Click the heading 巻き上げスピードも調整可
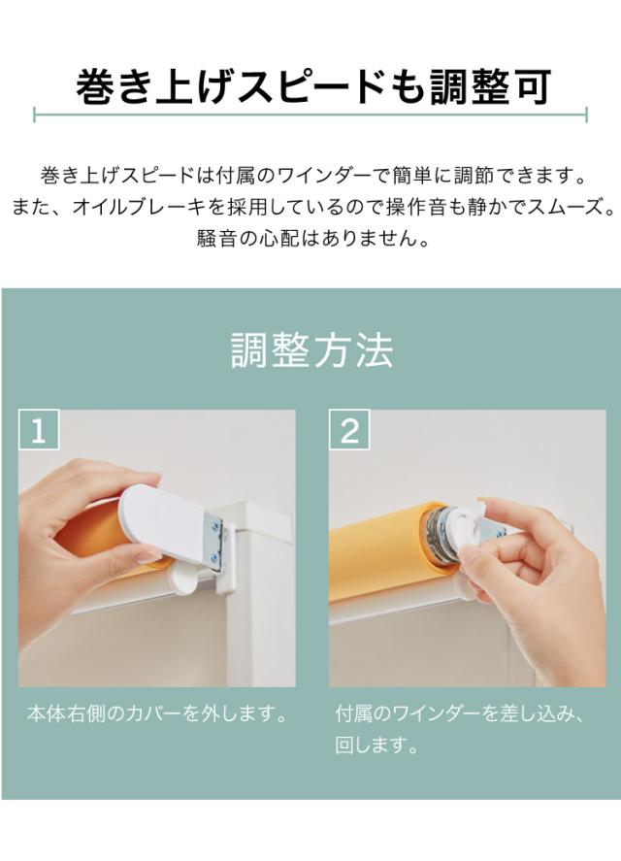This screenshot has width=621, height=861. coord(312,85)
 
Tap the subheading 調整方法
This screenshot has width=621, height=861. coord(311,350)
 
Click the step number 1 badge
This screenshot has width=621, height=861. coord(39,430)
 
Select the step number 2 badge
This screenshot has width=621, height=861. coord(349,430)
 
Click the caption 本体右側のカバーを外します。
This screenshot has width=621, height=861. coord(157,713)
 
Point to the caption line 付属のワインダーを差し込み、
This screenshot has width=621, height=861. coord(460,713)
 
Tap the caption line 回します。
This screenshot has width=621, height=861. coord(377,745)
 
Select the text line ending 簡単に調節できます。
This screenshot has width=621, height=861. coord(312,176)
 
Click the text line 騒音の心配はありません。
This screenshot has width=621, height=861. coord(312,239)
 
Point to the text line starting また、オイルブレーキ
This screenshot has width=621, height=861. coord(312,207)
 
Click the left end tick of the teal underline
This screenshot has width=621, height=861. coord(35,115)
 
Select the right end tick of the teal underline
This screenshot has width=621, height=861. coord(586,115)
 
